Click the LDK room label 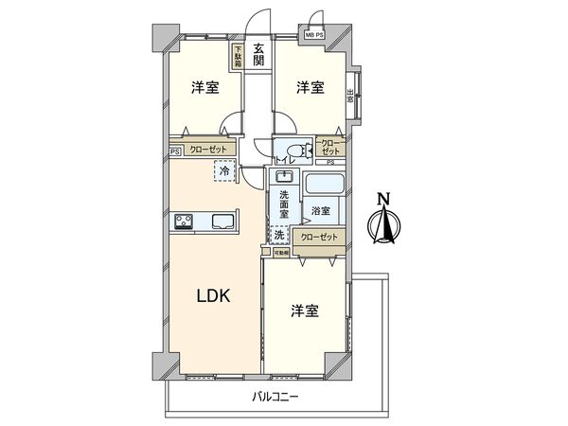(x=213, y=295)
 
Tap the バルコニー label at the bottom (x=274, y=396)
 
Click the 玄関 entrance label (x=258, y=63)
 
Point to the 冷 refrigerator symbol (x=223, y=171)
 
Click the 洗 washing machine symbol (x=280, y=235)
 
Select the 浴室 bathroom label (x=319, y=210)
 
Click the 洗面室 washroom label (x=283, y=204)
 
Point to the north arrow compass (x=383, y=224)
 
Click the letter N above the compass (x=383, y=199)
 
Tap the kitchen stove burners (x=184, y=222)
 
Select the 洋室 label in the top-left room (x=205, y=89)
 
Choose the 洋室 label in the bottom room (x=304, y=311)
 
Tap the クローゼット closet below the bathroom (x=317, y=238)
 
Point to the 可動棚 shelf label (x=282, y=253)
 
